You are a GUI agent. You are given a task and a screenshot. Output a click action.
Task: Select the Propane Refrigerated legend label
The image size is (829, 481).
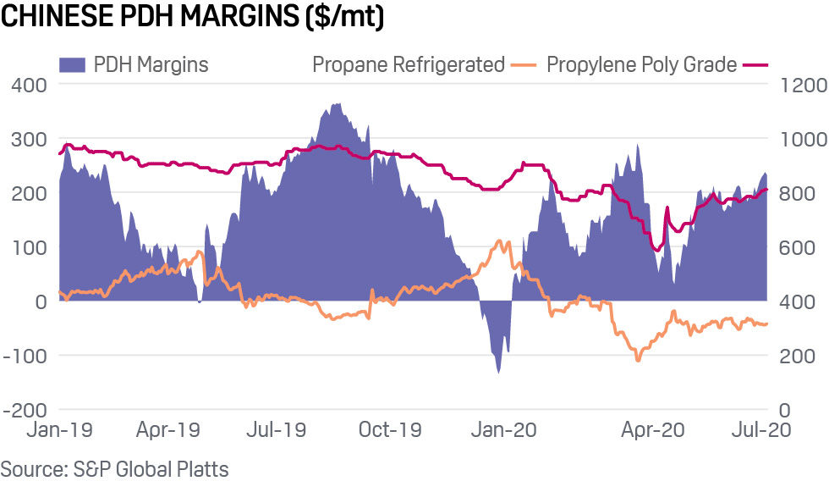coord(408,64)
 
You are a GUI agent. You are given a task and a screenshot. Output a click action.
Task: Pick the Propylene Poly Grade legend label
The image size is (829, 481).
coord(641,64)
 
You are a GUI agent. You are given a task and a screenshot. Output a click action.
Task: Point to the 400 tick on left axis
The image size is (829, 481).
coord(29,85)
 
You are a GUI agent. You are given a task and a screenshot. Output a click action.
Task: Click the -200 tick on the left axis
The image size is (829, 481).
coord(25,409)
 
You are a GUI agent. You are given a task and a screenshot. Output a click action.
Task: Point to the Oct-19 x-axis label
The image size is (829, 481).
coord(390,430)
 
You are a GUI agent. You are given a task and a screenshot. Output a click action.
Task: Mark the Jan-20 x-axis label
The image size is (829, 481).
coord(504,430)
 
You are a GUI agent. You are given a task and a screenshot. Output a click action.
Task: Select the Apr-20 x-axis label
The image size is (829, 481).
coord(652,430)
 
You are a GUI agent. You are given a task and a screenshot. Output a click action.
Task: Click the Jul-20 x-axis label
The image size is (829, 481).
coord(761,430)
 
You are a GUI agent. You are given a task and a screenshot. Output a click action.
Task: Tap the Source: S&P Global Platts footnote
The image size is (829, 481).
coord(114,468)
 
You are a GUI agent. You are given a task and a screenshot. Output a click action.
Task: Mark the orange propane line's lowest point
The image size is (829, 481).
coord(638,361)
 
